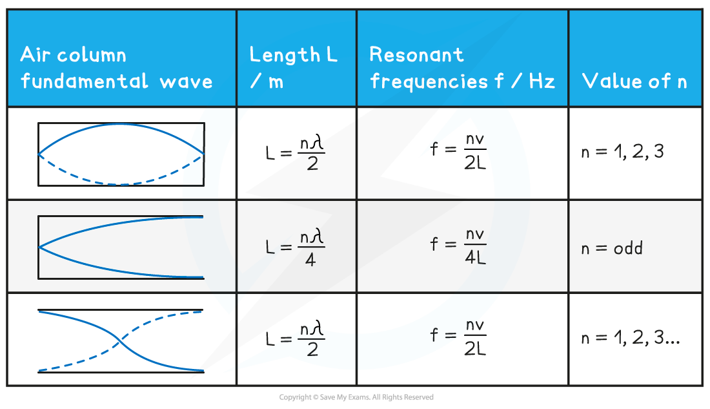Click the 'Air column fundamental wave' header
(116, 67)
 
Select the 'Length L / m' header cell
(293, 67)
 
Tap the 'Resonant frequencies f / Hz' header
(462, 67)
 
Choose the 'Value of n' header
(634, 81)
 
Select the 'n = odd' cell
(612, 248)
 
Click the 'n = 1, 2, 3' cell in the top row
(622, 152)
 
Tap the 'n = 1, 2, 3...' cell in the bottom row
(630, 338)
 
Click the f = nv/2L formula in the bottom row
(458, 338)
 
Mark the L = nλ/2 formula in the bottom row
(296, 338)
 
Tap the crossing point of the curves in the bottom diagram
(120, 341)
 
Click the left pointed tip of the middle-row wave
(39, 247)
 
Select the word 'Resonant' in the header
(416, 54)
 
